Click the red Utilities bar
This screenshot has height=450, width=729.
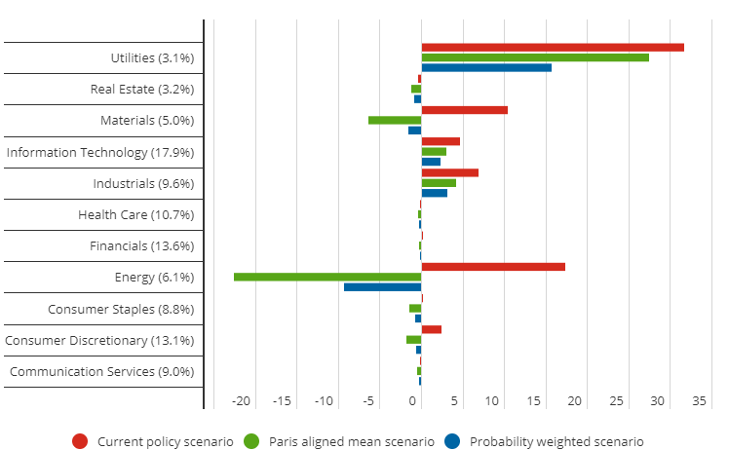[x=552, y=47]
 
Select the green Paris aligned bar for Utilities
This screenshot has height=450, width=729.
[x=534, y=57]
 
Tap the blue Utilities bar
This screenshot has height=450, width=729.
[x=485, y=67]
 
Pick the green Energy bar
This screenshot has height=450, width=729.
[x=327, y=277]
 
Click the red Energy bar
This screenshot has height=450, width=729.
[x=493, y=267]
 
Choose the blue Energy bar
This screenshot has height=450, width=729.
[x=382, y=287]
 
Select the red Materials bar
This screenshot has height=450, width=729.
[x=464, y=110]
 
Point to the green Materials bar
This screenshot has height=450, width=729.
[x=395, y=120]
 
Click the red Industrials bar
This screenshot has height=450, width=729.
[x=449, y=172]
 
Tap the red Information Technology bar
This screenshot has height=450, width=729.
[x=441, y=141]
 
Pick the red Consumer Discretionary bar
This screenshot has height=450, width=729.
[x=431, y=329]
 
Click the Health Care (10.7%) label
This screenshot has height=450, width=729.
[x=136, y=215]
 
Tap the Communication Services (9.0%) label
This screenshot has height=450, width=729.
[x=101, y=372]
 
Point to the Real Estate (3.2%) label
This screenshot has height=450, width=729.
[x=142, y=90]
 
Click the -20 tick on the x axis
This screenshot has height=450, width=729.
[x=241, y=400]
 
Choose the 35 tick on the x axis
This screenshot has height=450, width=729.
[x=700, y=400]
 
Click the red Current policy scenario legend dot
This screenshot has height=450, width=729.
[x=81, y=441]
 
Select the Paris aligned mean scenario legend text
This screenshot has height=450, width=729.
[x=351, y=441]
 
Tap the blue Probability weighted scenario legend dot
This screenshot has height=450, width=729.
[x=453, y=441]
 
